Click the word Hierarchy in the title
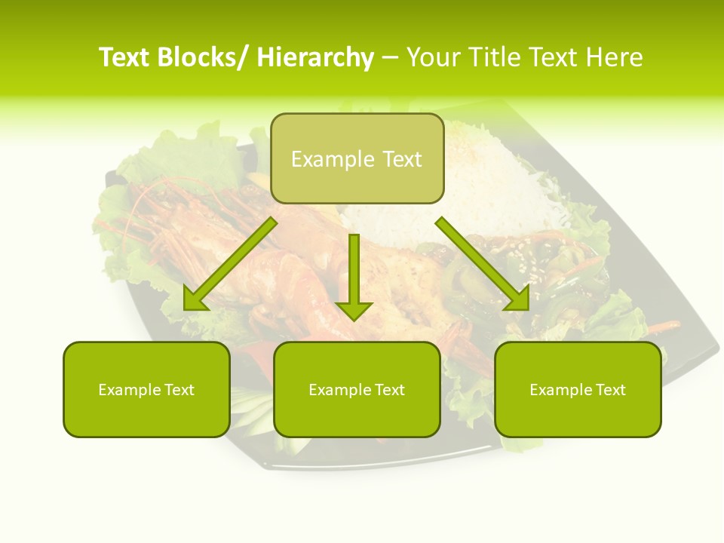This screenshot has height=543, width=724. tap(315, 57)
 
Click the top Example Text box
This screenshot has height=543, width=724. tap(357, 158)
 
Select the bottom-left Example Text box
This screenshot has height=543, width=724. tap(146, 389)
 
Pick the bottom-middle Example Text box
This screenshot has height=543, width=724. tap(357, 389)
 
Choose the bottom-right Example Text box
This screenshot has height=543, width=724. tap(578, 389)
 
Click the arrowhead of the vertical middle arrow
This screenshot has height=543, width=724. tap(354, 310)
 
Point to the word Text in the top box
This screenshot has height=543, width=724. tap(400, 159)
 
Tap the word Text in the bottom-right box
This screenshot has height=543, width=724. tap(609, 390)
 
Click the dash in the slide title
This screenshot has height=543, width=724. tap(390, 57)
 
